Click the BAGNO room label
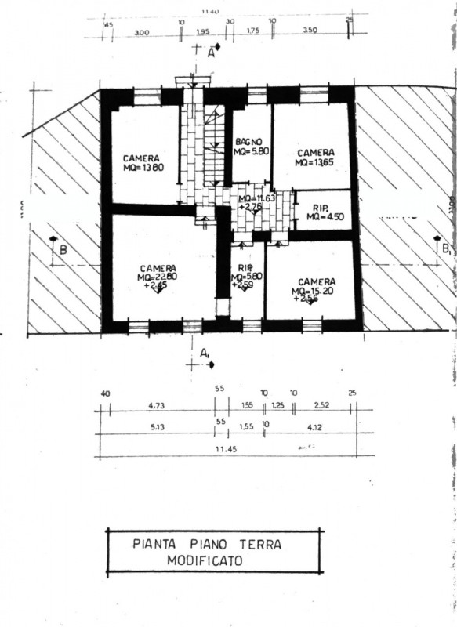(248, 142)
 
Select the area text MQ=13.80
(143, 167)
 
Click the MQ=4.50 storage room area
(323, 216)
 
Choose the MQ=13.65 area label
(315, 162)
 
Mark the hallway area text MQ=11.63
(256, 198)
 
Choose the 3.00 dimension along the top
(142, 32)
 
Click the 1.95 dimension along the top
(202, 32)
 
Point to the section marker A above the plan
(210, 53)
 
